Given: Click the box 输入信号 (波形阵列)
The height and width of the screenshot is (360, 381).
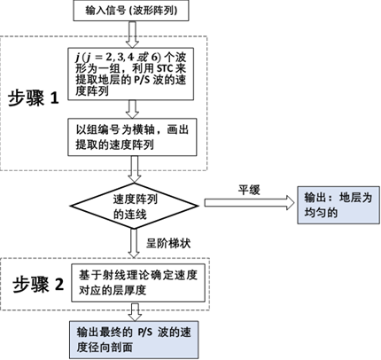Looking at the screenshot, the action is tap(131, 11).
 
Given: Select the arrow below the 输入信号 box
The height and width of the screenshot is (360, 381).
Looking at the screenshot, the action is tap(132, 35).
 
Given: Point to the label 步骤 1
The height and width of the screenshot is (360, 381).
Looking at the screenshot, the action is tap(33, 98).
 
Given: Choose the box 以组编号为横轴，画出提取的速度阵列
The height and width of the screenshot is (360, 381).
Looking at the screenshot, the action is tap(132, 137).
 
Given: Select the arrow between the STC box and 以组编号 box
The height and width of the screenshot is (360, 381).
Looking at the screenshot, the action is tap(132, 109).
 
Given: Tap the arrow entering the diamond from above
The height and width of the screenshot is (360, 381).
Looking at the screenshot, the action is tap(134, 169).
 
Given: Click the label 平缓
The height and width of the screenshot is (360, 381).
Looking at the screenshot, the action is tap(249, 190).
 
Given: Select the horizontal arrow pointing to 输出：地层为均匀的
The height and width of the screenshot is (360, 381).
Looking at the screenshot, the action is tap(250, 203).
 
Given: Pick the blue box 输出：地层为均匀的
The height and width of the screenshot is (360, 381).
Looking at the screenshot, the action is tap(338, 205).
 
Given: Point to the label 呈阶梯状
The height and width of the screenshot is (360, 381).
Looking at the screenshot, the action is tap(168, 243).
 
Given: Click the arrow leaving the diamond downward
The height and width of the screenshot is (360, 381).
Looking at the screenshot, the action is tap(134, 243).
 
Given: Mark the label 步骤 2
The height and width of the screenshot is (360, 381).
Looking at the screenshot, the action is tap(38, 285).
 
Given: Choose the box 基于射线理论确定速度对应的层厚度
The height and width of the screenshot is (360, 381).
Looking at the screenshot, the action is tap(138, 283).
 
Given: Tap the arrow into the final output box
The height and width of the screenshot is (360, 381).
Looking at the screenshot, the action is tap(136, 311).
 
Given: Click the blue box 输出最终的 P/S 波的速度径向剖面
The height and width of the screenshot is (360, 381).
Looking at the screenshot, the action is tap(134, 340).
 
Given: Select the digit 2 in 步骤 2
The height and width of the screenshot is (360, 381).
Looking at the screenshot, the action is tap(59, 284).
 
